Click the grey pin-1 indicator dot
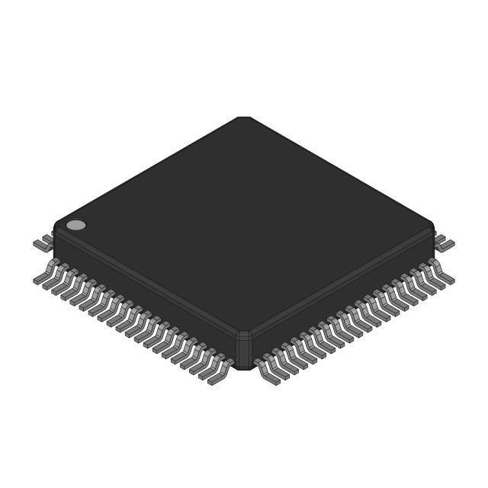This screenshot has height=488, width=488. pos(76,225)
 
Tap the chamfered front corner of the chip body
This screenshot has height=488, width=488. pos(244,351)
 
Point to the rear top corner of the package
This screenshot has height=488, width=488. pos(244,118)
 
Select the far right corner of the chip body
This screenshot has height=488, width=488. pos(432,229)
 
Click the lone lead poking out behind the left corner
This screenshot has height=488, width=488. pos(43,244)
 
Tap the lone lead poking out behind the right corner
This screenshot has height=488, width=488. pos(445,244)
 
